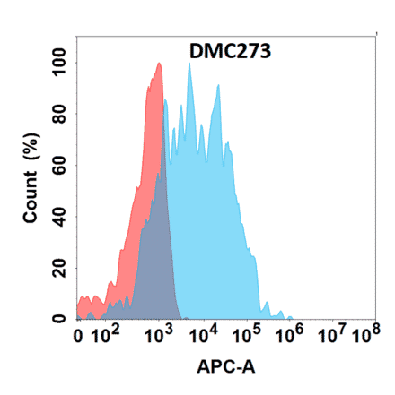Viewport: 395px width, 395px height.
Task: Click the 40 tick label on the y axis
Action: [x=60, y=216]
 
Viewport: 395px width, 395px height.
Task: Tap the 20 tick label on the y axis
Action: [x=60, y=267]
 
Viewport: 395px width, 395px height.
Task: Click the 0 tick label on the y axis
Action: [x=60, y=318]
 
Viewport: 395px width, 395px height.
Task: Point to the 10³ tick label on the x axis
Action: [x=158, y=336]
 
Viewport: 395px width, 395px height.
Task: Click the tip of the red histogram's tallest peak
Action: [x=159, y=63]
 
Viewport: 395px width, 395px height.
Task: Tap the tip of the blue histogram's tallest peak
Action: [x=189, y=63]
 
